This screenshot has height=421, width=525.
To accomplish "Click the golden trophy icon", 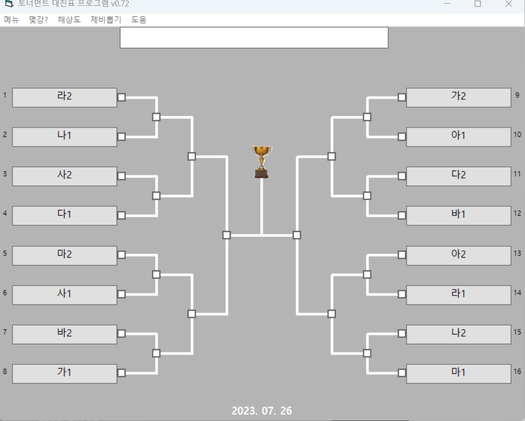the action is [262, 162].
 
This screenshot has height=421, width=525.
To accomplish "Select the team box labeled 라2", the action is [65, 98].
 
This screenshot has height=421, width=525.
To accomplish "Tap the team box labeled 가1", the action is [65, 374].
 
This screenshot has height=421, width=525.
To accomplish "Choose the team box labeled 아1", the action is [459, 137].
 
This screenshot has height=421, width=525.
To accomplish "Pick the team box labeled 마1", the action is [459, 374].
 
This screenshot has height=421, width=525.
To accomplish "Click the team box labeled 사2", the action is [65, 176].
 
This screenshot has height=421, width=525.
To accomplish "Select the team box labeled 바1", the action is [459, 216].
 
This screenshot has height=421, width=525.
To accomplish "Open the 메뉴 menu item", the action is [12, 20].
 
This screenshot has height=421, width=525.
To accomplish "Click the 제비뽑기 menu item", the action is [106, 20].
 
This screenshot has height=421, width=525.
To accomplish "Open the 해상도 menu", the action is [69, 20].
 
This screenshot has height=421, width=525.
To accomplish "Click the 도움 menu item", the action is [139, 20].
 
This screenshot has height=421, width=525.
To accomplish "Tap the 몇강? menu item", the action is [38, 20].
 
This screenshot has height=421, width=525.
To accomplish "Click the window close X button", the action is [509, 4].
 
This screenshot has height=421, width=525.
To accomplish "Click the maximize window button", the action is [478, 4].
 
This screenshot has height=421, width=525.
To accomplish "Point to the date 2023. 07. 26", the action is [262, 411].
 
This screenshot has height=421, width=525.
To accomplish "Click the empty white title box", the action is [254, 38].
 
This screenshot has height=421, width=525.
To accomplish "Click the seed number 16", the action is [517, 371].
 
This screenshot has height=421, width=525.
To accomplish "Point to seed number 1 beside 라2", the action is [5, 96].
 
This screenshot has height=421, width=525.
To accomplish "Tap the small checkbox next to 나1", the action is [121, 137].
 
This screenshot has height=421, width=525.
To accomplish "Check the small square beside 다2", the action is [402, 176].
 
